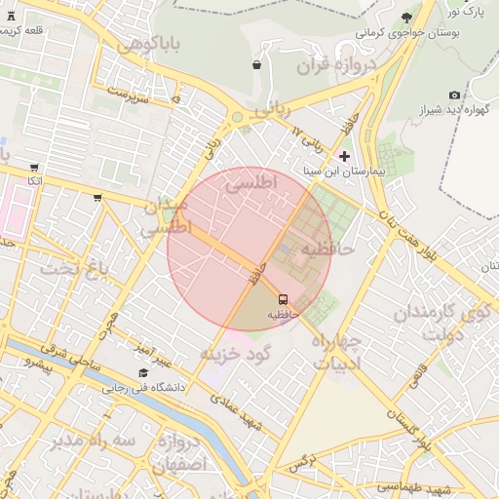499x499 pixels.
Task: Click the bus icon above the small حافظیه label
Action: click(x=283, y=299)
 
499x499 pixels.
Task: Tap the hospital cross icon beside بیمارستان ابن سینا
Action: click(x=343, y=156)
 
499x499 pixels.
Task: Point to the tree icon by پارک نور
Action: click(x=406, y=18)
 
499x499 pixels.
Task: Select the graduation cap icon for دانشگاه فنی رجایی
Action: click(x=144, y=372)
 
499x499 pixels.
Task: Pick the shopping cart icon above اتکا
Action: click(x=35, y=168)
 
